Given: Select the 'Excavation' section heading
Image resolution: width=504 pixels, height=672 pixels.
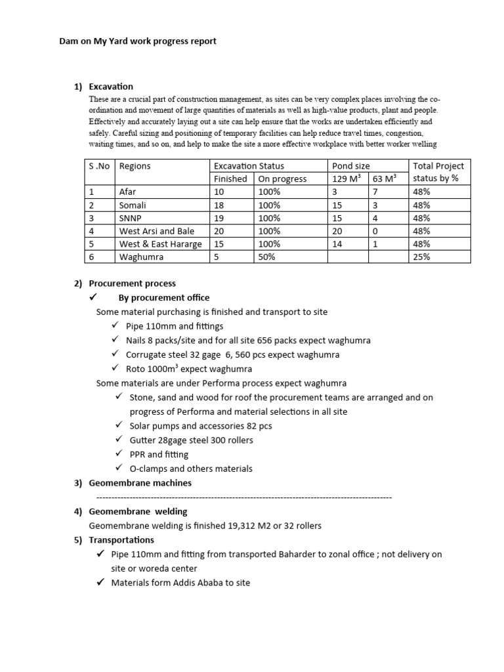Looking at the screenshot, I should click(111, 86).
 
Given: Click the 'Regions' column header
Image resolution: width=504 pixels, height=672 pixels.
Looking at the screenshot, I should click(135, 166).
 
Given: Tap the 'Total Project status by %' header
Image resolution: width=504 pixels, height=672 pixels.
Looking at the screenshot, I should click(440, 172).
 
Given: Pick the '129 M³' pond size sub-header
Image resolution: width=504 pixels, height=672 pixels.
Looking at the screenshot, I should click(347, 178).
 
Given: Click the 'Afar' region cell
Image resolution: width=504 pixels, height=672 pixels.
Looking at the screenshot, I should click(127, 192).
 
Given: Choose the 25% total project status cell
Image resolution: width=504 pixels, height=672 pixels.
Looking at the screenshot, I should click(421, 257).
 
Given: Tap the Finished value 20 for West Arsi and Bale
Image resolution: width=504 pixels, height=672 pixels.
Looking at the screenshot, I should click(219, 231).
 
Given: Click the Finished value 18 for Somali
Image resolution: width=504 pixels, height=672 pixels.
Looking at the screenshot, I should click(219, 205).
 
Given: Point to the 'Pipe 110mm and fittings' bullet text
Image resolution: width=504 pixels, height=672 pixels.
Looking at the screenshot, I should click(175, 325).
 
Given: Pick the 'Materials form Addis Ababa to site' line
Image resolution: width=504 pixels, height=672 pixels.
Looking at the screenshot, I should click(180, 583).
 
